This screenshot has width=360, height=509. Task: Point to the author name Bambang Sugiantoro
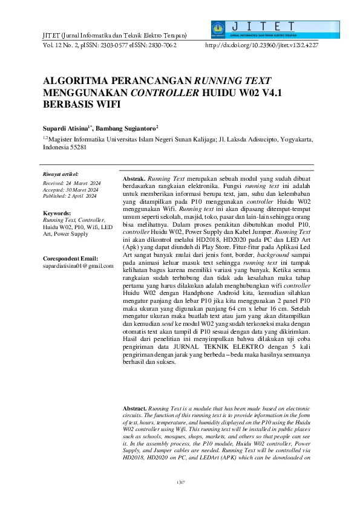pos(127,128)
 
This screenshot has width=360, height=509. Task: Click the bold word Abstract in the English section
pos(134,409)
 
